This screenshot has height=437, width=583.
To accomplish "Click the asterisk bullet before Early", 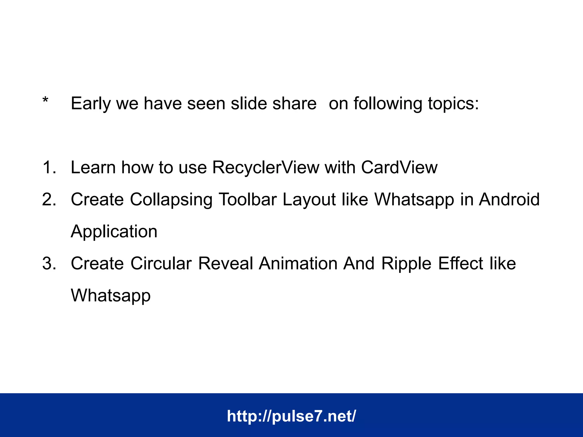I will (x=45, y=100).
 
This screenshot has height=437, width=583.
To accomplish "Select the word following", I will (x=388, y=104).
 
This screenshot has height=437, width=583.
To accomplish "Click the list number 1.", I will (x=49, y=167).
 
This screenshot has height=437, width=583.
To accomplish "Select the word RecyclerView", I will (x=266, y=167).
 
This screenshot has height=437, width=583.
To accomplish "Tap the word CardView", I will (x=399, y=167).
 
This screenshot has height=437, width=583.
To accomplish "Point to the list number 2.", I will (x=49, y=199).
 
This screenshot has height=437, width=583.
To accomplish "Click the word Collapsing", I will (x=171, y=200).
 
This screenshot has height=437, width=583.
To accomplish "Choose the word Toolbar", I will (x=248, y=199).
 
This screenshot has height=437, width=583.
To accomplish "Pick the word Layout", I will (x=309, y=200).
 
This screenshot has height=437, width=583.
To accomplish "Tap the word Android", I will (x=509, y=199).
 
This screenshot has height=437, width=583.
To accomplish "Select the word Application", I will (x=114, y=232).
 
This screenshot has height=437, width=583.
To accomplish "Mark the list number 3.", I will (x=49, y=263).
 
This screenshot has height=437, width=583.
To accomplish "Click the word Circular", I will (x=161, y=263).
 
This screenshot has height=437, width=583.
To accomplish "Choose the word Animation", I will (x=298, y=263).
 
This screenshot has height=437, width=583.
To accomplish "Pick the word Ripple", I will (x=406, y=264).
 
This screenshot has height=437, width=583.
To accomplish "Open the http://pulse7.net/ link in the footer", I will (x=291, y=416).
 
